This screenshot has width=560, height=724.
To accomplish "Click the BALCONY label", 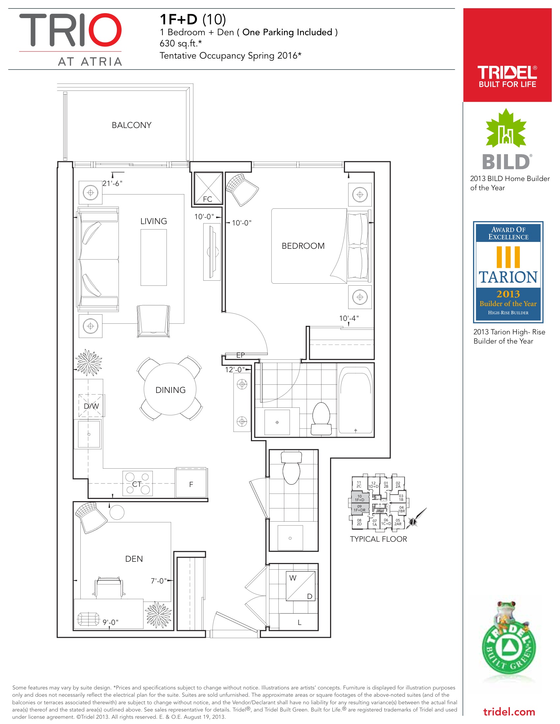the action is (131, 125).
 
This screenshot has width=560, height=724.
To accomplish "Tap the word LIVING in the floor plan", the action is (154, 221).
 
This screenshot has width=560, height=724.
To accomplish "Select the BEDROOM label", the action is (303, 246).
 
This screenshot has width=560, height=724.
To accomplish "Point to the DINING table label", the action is (171, 390).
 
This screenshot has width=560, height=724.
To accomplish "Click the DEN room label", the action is (134, 559).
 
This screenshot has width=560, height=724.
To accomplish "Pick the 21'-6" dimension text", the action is (112, 183).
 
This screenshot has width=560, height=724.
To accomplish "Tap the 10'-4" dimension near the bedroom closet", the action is (349, 318).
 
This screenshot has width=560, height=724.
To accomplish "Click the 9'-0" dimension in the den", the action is (110, 622).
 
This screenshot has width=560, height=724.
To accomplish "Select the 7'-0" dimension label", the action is (159, 581).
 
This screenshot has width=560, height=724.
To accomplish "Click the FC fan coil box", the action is (208, 188).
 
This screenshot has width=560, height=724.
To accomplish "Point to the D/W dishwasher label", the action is (91, 406).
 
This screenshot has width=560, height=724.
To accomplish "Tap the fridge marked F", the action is (191, 484).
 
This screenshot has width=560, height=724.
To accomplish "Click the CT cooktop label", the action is (137, 484).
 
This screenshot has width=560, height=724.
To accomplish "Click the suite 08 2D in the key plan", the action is (359, 522).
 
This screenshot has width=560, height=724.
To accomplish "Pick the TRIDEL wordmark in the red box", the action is (507, 72).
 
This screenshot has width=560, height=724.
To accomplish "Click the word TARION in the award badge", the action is (508, 277).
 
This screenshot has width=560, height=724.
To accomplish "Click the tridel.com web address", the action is (509, 712).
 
